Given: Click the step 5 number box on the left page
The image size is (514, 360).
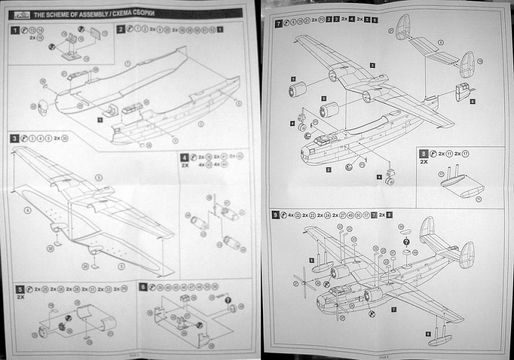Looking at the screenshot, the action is tap(20, 289).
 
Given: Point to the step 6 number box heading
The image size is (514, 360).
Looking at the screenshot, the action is tap(143, 287).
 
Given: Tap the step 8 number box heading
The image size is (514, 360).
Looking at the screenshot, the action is tap(424, 154).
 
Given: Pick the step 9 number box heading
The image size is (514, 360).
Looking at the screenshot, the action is tap(276, 214).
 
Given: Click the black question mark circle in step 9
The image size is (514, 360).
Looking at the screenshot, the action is tap(407, 241).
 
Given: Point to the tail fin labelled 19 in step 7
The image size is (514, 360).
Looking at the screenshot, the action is tap(467, 65).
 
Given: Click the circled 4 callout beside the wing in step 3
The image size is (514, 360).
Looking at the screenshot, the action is tap(27, 211).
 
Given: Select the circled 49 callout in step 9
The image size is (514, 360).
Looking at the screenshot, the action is tap(415, 253).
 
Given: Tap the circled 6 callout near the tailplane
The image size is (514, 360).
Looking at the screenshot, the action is tap(440, 43).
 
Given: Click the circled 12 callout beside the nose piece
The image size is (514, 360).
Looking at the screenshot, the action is tap(34, 106).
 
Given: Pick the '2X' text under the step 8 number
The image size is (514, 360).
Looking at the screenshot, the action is tap(424, 162).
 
